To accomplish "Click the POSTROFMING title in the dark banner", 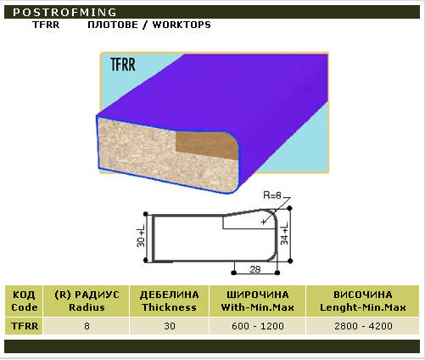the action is click(64, 12).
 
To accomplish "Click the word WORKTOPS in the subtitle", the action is click(182, 25).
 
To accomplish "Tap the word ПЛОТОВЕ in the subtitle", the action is click(113, 25).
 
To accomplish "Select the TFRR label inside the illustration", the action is click(123, 65).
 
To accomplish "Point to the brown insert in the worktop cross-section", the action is click(207, 145).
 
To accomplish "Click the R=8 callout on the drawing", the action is click(272, 195).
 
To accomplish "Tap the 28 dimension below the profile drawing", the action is click(255, 269).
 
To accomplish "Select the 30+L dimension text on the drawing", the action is click(141, 235).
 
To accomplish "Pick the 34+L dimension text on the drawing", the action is click(284, 233).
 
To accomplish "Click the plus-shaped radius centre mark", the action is click(264, 222).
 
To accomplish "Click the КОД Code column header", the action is click(24, 301).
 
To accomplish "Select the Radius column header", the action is click(87, 301).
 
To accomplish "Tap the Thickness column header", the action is click(169, 301).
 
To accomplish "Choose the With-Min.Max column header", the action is click(257, 301).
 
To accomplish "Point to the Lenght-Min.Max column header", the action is click(363, 301).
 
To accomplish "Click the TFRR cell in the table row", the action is click(25, 326).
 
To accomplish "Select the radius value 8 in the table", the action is click(87, 326).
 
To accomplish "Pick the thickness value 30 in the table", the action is click(170, 326).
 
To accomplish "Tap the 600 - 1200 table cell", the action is click(258, 326).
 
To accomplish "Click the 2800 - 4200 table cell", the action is click(363, 326).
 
